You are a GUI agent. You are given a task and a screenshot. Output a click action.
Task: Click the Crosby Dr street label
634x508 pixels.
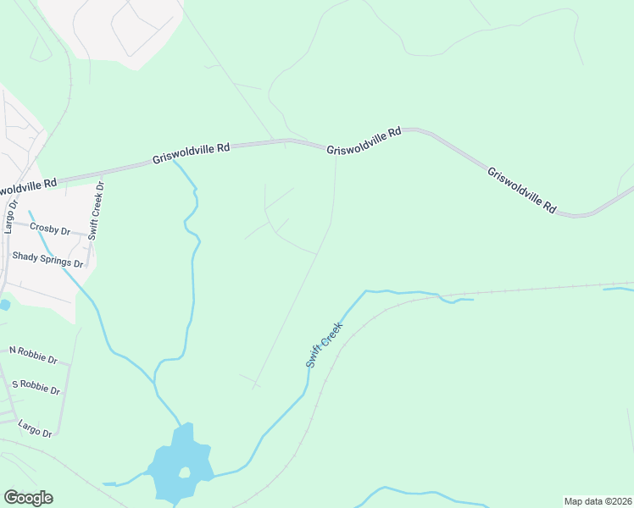click(x=49, y=228)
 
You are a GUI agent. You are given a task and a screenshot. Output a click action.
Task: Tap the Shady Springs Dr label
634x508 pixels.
click(x=47, y=259)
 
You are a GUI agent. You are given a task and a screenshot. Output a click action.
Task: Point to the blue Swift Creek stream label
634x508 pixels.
click(x=325, y=345)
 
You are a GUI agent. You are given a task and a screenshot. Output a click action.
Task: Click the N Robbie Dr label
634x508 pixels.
click(x=33, y=354)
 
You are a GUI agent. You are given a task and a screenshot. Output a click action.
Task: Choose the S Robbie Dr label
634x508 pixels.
click(x=35, y=387)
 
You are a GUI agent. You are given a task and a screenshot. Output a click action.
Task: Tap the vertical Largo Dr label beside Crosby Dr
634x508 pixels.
click(x=10, y=215)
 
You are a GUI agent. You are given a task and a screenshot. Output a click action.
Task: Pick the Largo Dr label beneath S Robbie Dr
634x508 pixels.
click(x=35, y=428)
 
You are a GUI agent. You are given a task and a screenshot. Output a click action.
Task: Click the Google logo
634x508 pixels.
click(x=28, y=498)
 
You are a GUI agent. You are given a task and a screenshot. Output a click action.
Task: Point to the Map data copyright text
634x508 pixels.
click(x=598, y=501)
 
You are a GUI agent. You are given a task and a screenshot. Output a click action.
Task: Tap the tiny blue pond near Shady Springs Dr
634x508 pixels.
click(x=4, y=305)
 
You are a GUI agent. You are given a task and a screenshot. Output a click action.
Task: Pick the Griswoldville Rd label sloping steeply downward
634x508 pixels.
click(x=521, y=190)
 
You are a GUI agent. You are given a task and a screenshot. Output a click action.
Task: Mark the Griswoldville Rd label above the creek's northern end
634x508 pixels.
click(x=191, y=153)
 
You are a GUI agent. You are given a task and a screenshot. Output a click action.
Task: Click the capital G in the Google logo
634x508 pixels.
click(x=11, y=498)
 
